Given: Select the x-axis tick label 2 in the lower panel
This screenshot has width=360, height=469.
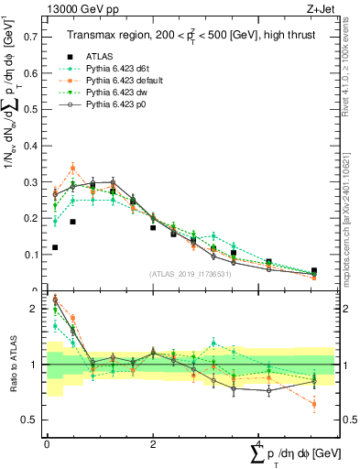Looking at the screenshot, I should (x=153, y=443).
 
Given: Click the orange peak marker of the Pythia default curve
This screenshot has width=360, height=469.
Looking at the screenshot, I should (x=73, y=169).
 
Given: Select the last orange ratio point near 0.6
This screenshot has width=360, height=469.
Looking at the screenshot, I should (x=313, y=404).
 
